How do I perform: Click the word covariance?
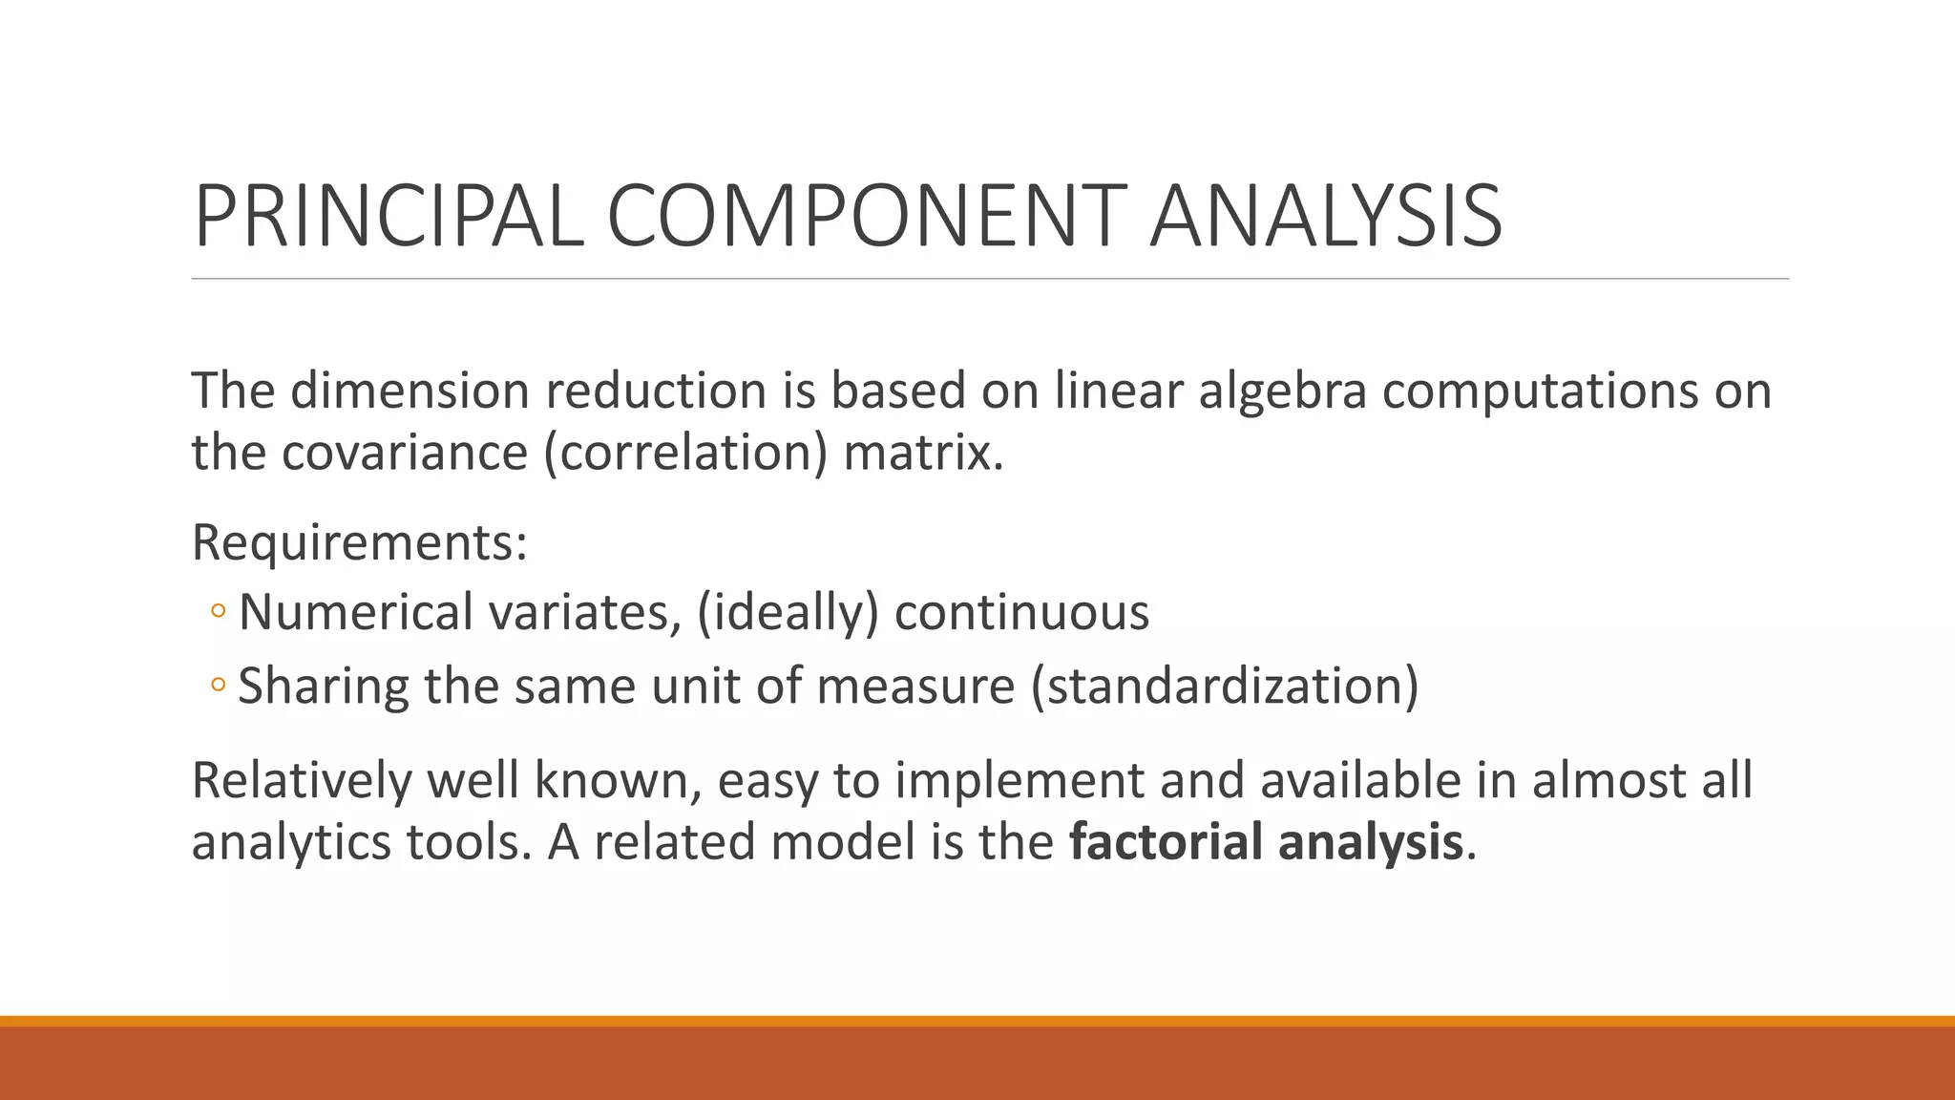[404, 452]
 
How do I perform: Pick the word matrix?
[923, 452]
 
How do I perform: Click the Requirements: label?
[360, 542]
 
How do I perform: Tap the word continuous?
[1021, 611]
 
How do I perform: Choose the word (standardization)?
[1225, 686]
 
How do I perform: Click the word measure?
[915, 686]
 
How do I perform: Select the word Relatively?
[301, 780]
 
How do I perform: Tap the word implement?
[1019, 781]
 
